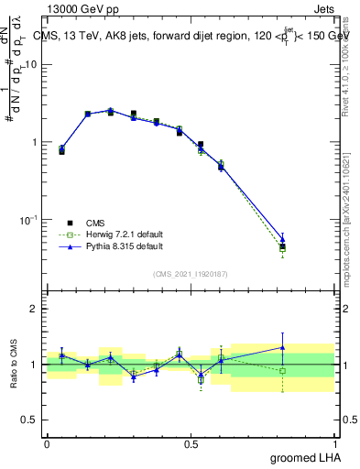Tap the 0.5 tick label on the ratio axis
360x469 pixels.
[30, 420]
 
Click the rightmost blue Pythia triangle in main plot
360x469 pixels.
[282, 239]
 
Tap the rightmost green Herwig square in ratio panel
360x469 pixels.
[282, 371]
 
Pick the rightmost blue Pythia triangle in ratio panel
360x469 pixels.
[282, 347]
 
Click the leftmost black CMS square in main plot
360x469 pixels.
[61, 151]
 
